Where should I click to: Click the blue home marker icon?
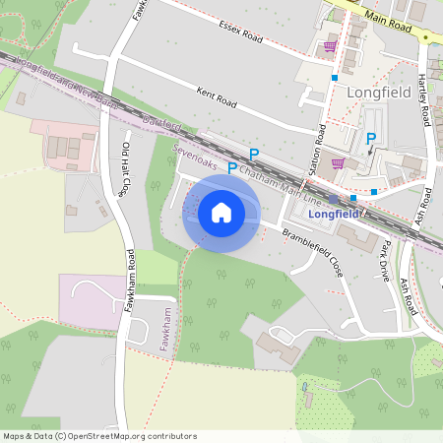coord(221,212)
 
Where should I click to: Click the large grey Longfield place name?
coord(375,93)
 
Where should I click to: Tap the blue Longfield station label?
coord(336,213)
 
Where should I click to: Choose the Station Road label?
coord(318,151)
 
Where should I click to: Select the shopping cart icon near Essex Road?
coord(329,45)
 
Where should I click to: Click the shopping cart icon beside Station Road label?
coord(339,163)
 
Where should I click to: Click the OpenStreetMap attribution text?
coord(98,435)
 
